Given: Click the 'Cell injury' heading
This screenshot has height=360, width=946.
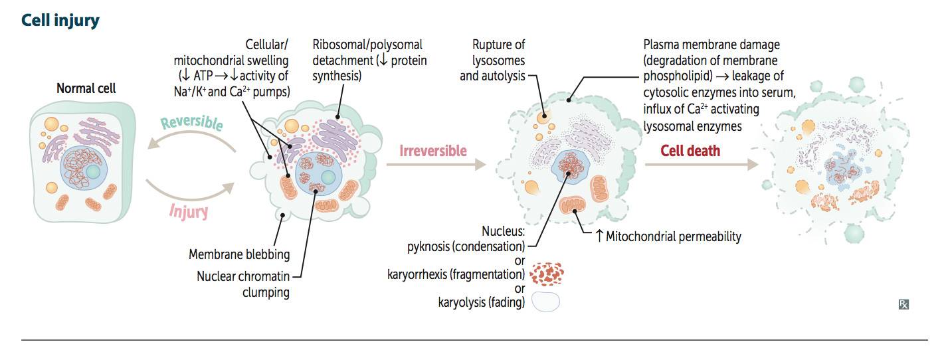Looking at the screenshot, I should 60,21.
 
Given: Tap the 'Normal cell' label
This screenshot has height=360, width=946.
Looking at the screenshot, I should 86,88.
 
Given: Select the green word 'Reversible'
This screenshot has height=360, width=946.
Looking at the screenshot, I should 192,122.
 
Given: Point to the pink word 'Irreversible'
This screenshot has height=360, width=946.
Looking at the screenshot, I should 433,151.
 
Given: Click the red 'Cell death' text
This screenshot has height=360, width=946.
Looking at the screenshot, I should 690,151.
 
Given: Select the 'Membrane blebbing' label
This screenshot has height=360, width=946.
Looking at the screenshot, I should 239,254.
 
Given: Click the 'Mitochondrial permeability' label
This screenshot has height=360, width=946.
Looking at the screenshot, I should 673,236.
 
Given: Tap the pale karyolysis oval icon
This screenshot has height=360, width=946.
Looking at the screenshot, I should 545,302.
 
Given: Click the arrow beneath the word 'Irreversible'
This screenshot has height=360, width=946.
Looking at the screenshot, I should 436,165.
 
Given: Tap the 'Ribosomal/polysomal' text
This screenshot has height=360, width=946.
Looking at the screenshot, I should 367,45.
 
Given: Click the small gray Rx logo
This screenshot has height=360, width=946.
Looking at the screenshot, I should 903,304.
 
